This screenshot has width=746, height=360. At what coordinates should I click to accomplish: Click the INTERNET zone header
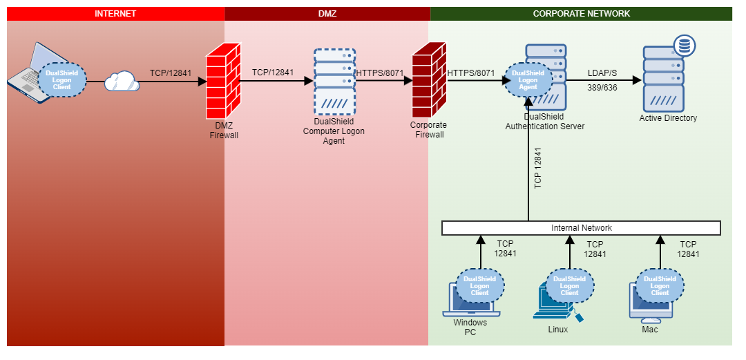coord(115,14)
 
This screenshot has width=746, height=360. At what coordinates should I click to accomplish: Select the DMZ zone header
coord(327,14)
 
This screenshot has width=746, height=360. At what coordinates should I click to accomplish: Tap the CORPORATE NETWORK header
coord(581,14)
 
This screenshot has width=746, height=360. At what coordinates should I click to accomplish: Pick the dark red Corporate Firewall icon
coord(429,80)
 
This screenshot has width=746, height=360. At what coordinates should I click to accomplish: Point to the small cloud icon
coord(122,82)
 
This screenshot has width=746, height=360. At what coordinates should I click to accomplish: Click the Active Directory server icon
coord(663,79)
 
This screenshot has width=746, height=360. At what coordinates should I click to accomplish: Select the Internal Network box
coord(581,228)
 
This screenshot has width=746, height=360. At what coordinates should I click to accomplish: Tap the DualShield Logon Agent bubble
coord(528,80)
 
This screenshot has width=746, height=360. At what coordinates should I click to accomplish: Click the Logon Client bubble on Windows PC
coord(480,286)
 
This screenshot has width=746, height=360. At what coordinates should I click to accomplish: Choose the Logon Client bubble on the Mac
coord(660,285)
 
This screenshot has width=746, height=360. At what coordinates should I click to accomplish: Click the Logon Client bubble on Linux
coord(570,286)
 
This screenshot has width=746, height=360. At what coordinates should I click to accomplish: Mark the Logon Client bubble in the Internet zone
coord(62,80)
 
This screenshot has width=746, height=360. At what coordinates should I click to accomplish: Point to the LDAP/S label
coord(602,73)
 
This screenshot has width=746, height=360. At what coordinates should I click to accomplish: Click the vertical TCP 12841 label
coord(538,168)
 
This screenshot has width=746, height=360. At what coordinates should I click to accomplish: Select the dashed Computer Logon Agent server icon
coord(334,82)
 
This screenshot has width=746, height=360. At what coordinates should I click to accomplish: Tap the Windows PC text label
coord(470,328)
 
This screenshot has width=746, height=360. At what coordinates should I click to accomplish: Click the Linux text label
coord(558,330)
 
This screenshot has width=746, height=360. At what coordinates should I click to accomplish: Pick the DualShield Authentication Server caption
coord(545,122)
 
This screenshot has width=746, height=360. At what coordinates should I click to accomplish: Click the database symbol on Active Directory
coord(685,46)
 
